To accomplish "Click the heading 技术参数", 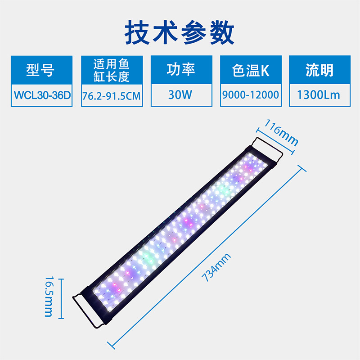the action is pos(180,32).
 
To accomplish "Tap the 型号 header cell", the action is pos(40,70).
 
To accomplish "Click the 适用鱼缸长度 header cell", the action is pos(111,70).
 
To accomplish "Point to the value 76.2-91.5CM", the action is pos(111,95).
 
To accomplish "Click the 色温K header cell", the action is pos(251,70).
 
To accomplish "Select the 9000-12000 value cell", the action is pos(251,95).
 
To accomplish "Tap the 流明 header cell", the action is pos(319,70).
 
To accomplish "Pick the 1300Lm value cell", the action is pos(319,95).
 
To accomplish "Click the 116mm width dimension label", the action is pos(281,132).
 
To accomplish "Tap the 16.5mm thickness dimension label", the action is pos(48,297).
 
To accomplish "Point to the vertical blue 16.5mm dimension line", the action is pos(62,297).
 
